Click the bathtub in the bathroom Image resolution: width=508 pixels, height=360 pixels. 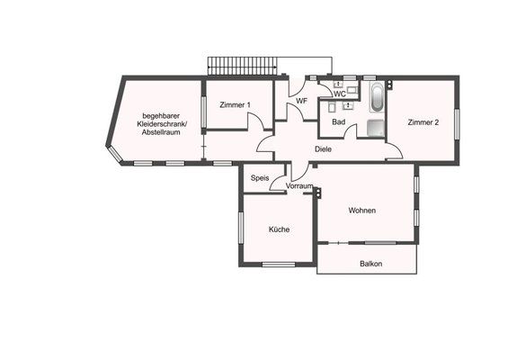pos(377,96)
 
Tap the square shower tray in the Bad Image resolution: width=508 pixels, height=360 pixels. pos(376,128)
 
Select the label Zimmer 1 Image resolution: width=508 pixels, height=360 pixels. pos(236,105)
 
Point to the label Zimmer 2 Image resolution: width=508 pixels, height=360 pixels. pos(423,122)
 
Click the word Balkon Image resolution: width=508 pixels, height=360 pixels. pos(371,264)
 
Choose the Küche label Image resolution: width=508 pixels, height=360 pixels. pos(279,229)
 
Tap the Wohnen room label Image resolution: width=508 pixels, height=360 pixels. pos(362,211)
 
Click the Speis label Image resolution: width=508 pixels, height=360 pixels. pos(260,178)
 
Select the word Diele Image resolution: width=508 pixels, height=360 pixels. pos(323,149)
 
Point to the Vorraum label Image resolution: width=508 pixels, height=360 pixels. pos(299,185)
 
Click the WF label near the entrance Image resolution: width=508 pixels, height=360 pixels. pos(301,101)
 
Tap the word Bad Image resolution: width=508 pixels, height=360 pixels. pos(339,121)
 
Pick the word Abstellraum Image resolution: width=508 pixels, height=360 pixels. pos(161,132)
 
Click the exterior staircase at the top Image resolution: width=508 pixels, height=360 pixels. pos(243,67)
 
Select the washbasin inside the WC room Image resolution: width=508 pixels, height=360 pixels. pos(338,85)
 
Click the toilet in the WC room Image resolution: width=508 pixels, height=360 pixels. pos(352,89)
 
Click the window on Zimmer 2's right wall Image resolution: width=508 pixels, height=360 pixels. pos(457,124)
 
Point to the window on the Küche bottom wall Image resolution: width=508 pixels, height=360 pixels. pos(279,265)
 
